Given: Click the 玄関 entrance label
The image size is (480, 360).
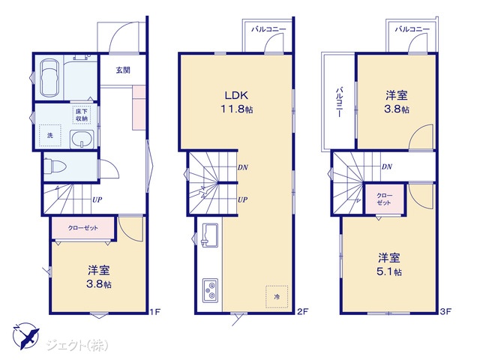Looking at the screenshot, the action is pos(123,70).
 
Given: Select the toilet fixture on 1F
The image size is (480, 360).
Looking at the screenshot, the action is pos(55,166).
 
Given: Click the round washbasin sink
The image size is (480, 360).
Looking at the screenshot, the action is pos(82,139).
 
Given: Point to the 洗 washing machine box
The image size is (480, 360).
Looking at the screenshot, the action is pos(50,135).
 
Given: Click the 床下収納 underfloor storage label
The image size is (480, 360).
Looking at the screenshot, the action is pos(82,115).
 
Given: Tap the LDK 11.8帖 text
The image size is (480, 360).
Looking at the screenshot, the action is pos(237,102).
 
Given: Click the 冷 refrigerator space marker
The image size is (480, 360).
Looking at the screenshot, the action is pos(277,297).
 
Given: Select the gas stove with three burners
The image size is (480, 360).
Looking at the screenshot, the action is pos(210,290).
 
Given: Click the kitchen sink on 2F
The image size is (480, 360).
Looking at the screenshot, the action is pos(210,234).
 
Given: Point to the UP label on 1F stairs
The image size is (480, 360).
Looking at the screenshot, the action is pos(97,200).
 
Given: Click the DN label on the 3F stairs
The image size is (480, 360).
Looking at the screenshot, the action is pos(387,166).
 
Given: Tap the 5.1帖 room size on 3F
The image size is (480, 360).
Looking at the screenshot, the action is pos(389,271).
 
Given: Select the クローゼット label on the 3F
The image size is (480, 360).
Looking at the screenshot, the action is pos(385,199).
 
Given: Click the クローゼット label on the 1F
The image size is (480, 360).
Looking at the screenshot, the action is pos(83,228).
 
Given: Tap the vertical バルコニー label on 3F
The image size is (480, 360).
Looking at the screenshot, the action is pos(339,102).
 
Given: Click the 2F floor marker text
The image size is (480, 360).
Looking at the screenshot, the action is pos(303,312).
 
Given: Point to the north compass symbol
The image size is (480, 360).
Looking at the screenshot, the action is pos(25,336).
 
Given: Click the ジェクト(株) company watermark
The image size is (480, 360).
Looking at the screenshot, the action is pos(77,346).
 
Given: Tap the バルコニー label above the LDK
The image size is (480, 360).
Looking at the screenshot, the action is pos(268,29).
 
